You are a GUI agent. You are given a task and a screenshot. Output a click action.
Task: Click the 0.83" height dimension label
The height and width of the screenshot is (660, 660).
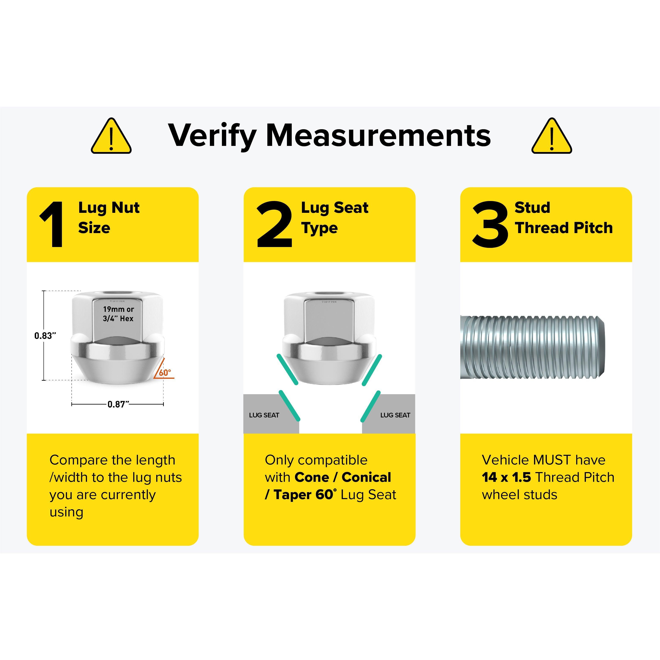[45, 336]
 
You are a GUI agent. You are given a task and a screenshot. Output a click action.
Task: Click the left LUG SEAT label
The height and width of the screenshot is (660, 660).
[264, 415]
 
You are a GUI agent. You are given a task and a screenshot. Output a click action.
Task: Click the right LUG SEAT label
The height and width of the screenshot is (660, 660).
[395, 415]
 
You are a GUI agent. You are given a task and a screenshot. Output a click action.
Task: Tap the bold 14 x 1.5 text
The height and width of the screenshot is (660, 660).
[506, 477]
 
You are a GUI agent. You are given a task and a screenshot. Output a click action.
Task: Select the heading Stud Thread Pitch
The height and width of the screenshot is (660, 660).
[564, 218]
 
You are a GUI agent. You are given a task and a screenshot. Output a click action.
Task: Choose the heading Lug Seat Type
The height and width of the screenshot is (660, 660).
[335, 218]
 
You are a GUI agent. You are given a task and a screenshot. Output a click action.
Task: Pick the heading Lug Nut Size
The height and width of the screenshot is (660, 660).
[109, 218]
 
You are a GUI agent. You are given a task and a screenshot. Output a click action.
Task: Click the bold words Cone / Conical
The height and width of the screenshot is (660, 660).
[343, 477]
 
